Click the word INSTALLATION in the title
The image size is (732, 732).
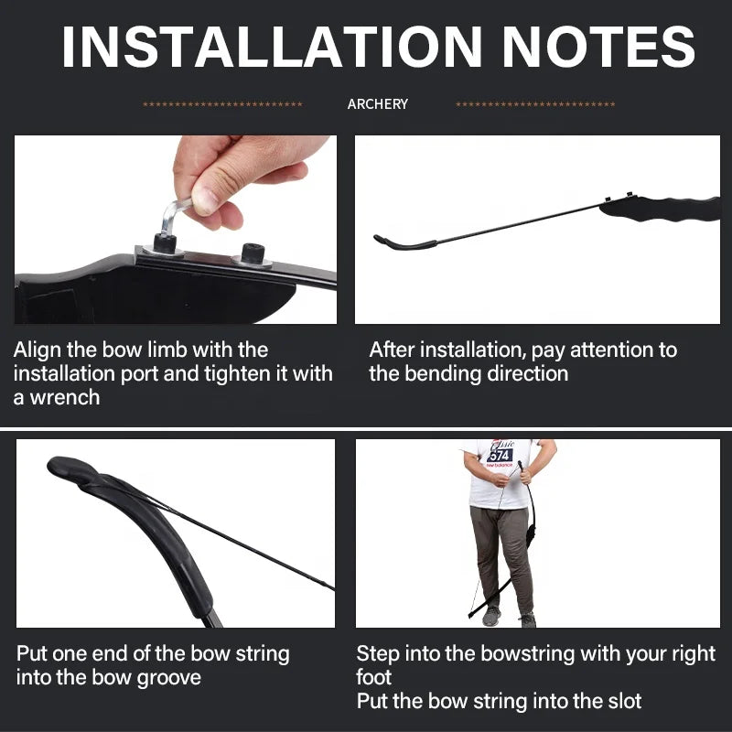pyautogui.click(x=271, y=47)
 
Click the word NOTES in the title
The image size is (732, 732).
pyautogui.click(x=599, y=47)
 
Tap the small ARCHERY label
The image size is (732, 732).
pyautogui.click(x=378, y=103)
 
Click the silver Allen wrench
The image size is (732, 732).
pyautogui.click(x=173, y=216)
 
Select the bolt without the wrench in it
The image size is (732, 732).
pyautogui.click(x=253, y=255)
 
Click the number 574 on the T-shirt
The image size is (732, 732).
pyautogui.click(x=500, y=455)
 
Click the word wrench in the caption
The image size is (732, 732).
pyautogui.click(x=65, y=397)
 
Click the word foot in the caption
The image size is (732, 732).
pyautogui.click(x=373, y=677)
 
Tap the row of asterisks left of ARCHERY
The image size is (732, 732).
pyautogui.click(x=222, y=104)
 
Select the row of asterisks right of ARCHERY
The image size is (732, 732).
pyautogui.click(x=535, y=104)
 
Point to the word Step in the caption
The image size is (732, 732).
pyautogui.click(x=377, y=653)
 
